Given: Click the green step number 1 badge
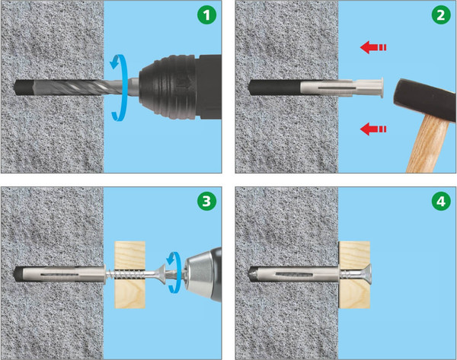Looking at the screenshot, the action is pyautogui.click(x=206, y=15).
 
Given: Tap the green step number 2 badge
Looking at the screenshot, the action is pyautogui.click(x=441, y=15).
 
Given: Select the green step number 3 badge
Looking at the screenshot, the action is pyautogui.click(x=206, y=201).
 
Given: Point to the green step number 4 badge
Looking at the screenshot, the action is pyautogui.click(x=441, y=201).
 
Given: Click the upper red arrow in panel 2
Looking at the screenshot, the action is pyautogui.click(x=373, y=47).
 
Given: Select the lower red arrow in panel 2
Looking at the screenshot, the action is pyautogui.click(x=373, y=129).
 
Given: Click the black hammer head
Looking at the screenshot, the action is pyautogui.click(x=425, y=99).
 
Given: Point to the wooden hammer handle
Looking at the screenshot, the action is pyautogui.click(x=427, y=144).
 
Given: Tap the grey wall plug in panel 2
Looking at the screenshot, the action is pyautogui.click(x=341, y=88).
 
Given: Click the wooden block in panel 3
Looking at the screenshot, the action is pyautogui.click(x=129, y=275).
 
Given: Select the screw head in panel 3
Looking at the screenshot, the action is pyautogui.click(x=161, y=274).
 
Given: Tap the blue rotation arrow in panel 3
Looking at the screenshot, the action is pyautogui.click(x=174, y=272).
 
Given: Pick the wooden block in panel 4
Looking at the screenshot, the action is pyautogui.click(x=354, y=275).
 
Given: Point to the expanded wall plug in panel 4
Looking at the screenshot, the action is pyautogui.click(x=294, y=274).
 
